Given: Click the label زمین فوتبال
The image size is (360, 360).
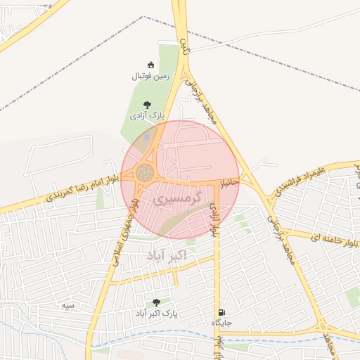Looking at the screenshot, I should click(x=148, y=76).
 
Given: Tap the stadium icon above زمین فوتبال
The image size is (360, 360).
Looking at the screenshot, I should click(x=148, y=65).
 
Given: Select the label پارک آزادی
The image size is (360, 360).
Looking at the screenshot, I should click(x=147, y=115).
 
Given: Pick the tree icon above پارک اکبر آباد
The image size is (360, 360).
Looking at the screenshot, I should click(x=156, y=302).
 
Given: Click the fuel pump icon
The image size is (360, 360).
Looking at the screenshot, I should click(x=222, y=312).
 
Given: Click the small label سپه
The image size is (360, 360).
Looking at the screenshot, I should click(x=68, y=305).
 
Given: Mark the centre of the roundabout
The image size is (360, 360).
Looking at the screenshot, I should click(x=146, y=172).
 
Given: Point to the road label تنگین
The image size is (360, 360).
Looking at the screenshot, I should click(x=185, y=48).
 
